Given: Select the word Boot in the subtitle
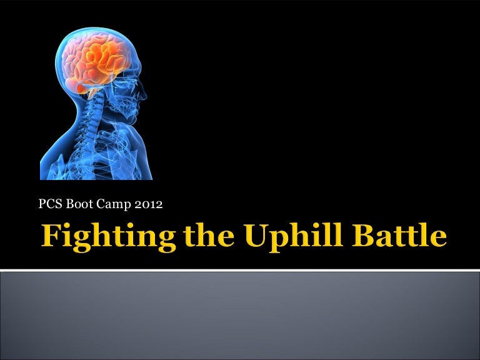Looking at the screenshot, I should click(74, 203).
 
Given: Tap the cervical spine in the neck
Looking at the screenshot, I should click(94, 119).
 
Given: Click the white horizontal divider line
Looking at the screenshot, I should click(240, 271).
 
